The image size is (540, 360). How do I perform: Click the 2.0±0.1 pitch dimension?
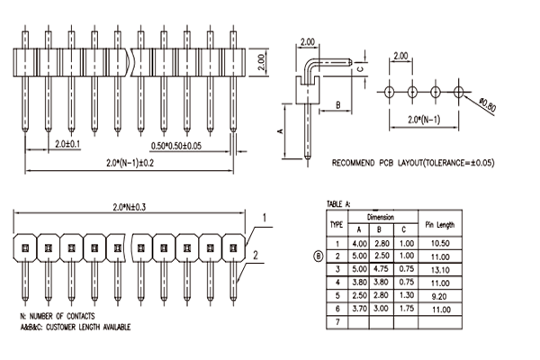67,144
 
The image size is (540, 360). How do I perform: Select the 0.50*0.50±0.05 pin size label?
176,146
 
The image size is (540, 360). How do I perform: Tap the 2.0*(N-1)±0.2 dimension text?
130,163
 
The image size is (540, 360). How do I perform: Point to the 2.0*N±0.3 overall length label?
130,207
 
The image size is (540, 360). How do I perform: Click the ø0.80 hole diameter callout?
487,104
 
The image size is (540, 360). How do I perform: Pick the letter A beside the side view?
280,131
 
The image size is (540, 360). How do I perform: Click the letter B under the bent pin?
337,104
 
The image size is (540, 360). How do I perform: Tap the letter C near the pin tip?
360,69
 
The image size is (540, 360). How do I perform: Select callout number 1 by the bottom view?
265,218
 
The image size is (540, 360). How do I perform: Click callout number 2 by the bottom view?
256,256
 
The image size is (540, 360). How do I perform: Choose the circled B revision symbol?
319,256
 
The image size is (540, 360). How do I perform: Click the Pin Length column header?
440,225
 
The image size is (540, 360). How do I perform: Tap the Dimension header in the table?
381,218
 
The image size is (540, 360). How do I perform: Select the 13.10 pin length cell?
440,270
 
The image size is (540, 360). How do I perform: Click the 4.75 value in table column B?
382,269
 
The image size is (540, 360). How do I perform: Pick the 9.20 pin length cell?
439,296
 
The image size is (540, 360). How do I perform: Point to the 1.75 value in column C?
407,308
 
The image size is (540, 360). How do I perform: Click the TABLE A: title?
338,204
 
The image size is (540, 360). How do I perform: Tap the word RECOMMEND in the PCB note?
353,163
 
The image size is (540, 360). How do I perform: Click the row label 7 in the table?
337,322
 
